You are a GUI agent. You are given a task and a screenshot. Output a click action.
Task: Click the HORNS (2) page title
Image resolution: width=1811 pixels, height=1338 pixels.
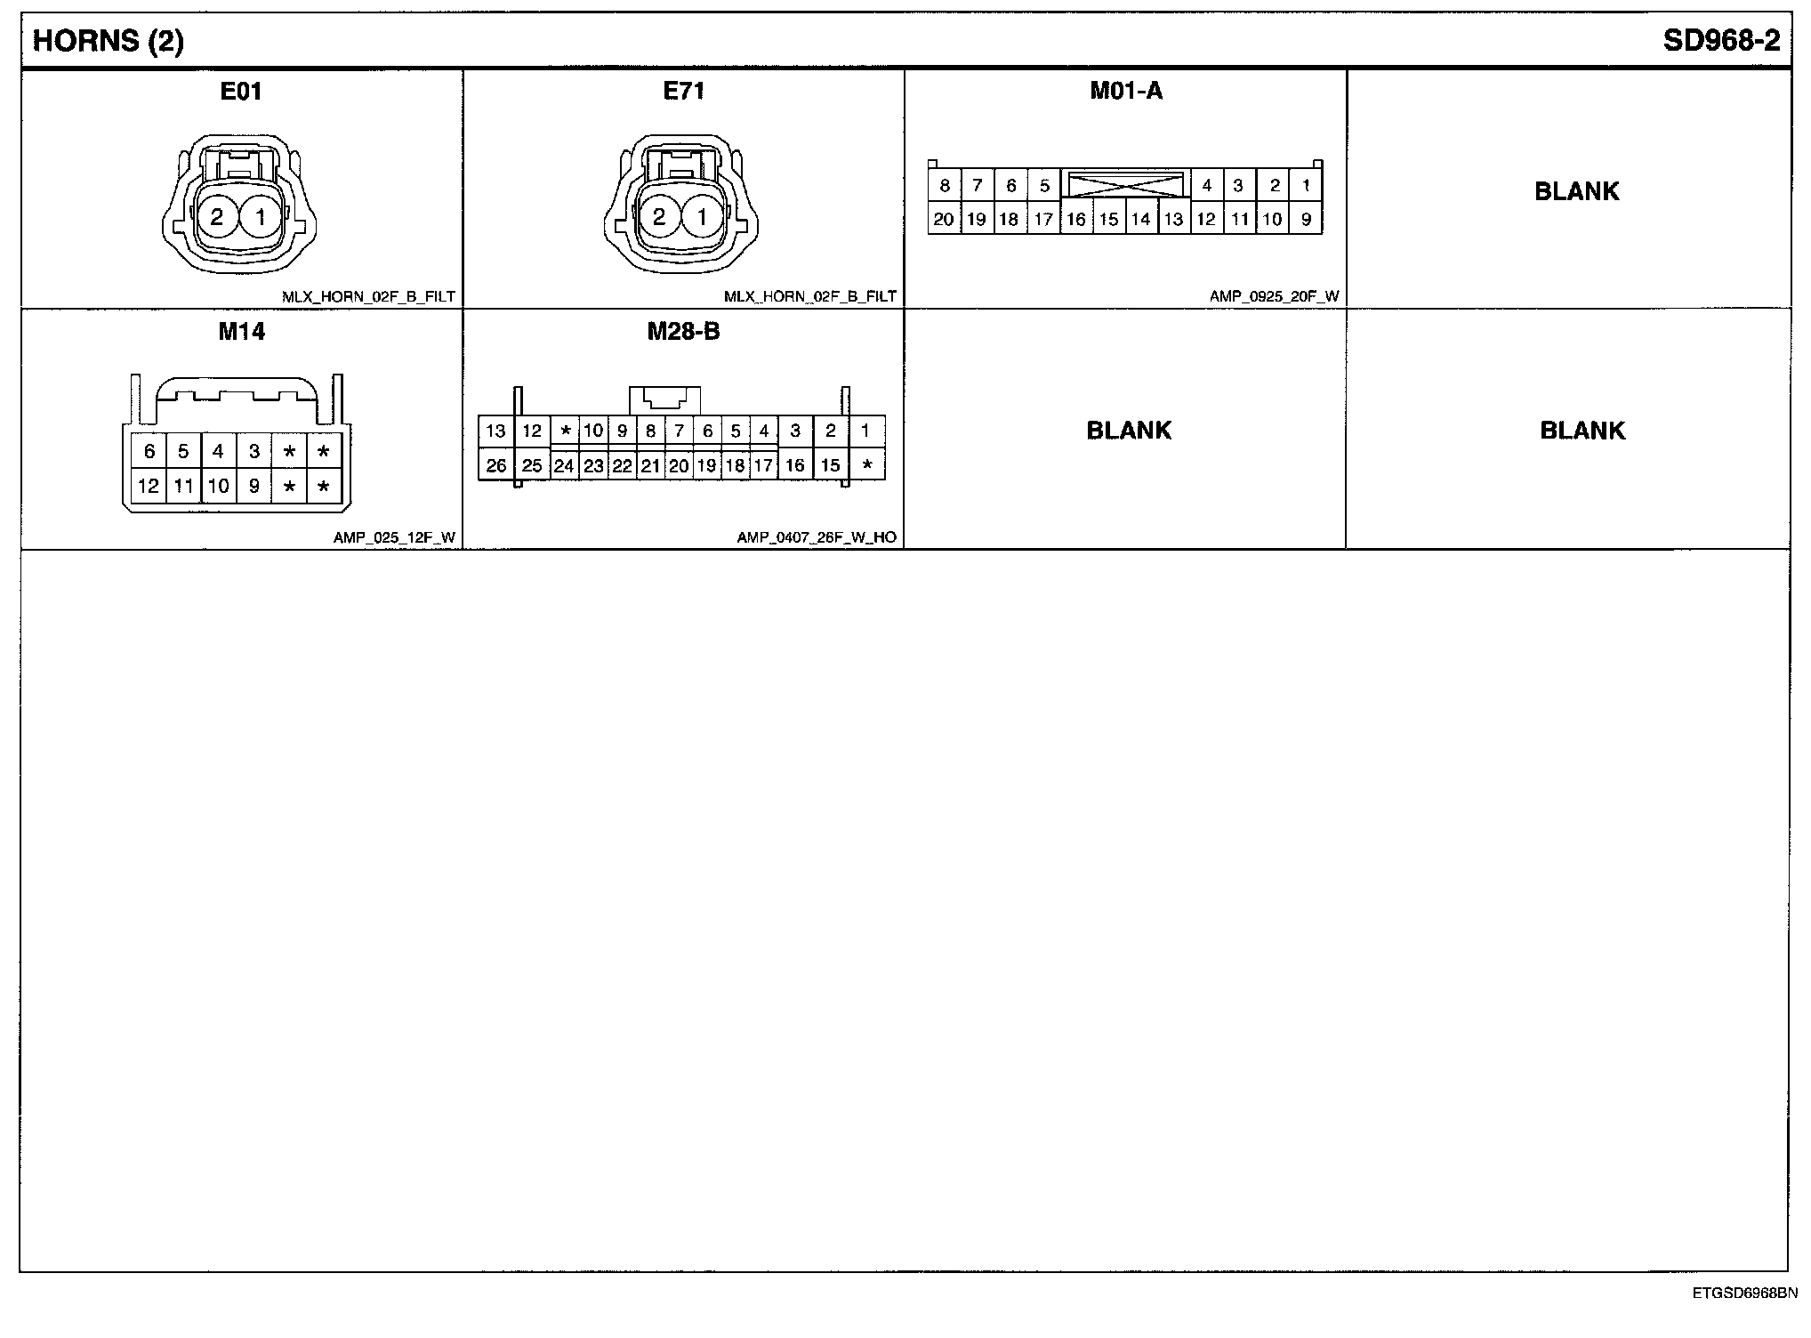coord(108,42)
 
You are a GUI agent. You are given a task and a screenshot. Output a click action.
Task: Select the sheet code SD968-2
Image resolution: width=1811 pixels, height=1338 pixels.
coord(1722,42)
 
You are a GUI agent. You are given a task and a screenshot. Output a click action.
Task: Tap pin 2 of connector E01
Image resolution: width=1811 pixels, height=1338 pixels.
coord(217,217)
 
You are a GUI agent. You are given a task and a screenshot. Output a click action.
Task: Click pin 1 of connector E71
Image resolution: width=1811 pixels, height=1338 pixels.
coord(702,217)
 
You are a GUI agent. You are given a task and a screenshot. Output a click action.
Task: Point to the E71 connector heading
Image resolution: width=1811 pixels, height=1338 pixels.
coord(683,91)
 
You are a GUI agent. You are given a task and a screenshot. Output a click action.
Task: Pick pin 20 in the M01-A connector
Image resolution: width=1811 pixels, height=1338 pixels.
coord(944,220)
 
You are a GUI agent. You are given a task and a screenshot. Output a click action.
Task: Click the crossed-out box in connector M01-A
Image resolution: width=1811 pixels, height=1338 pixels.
coord(1125,185)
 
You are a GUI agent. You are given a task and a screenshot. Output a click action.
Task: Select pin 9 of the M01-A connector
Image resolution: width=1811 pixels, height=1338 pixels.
coord(1306,220)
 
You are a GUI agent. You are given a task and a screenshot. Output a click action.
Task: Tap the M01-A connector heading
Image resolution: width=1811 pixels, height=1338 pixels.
coord(1126,91)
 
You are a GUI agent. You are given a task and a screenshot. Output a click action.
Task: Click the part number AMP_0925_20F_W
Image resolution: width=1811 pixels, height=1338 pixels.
coord(1274,296)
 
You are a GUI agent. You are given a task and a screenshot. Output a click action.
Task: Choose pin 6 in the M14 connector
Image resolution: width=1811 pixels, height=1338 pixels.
coord(149,452)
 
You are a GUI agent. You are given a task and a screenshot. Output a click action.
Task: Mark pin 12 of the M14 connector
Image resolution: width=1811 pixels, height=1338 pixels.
coord(149,487)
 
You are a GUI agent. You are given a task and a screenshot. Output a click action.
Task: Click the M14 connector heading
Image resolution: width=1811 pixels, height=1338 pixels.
coord(242,332)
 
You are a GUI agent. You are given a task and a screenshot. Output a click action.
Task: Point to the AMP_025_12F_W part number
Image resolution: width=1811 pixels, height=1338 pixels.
coord(394,537)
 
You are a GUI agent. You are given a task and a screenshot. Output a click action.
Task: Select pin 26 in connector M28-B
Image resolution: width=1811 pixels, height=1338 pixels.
coord(496,465)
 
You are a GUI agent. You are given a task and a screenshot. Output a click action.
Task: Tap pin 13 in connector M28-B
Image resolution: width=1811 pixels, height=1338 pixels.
coord(495,431)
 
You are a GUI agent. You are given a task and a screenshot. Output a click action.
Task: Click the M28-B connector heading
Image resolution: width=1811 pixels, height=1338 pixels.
coord(683,332)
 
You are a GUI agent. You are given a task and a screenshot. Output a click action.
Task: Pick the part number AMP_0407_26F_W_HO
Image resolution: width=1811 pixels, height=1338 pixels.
coord(817,537)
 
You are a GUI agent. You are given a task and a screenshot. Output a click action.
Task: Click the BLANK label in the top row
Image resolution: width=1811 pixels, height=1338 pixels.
coord(1577,191)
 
